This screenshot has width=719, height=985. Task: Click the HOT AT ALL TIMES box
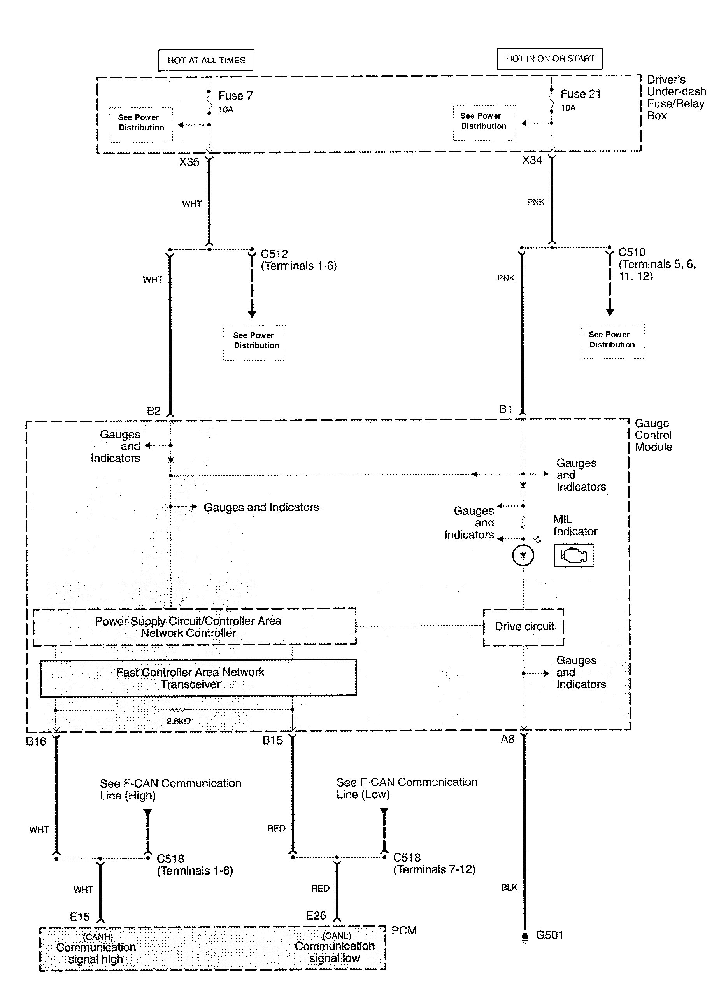[x=206, y=60]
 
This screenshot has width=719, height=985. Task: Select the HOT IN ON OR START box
[x=550, y=58]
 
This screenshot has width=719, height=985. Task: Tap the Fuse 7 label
[x=235, y=96]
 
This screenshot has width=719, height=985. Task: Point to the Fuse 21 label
[x=580, y=94]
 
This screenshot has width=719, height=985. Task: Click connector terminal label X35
[x=189, y=162]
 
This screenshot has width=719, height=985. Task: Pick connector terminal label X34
[x=532, y=160]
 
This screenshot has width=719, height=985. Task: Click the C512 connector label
[x=274, y=254]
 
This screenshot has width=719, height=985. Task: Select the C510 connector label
[x=632, y=252]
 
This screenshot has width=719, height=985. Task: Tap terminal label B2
[x=154, y=411]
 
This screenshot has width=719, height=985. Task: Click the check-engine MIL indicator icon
[x=573, y=556]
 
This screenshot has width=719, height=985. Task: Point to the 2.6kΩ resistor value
[x=179, y=721]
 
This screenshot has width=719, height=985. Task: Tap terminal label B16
[x=36, y=741]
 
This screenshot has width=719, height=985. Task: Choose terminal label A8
[x=507, y=739]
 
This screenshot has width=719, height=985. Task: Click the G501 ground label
[x=549, y=935]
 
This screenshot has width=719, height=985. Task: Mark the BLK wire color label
[x=509, y=887]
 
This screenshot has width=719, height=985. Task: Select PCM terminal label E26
[x=316, y=916]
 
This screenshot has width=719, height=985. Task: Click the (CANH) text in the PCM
[x=98, y=937]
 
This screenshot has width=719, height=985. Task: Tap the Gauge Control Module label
[x=653, y=435]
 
